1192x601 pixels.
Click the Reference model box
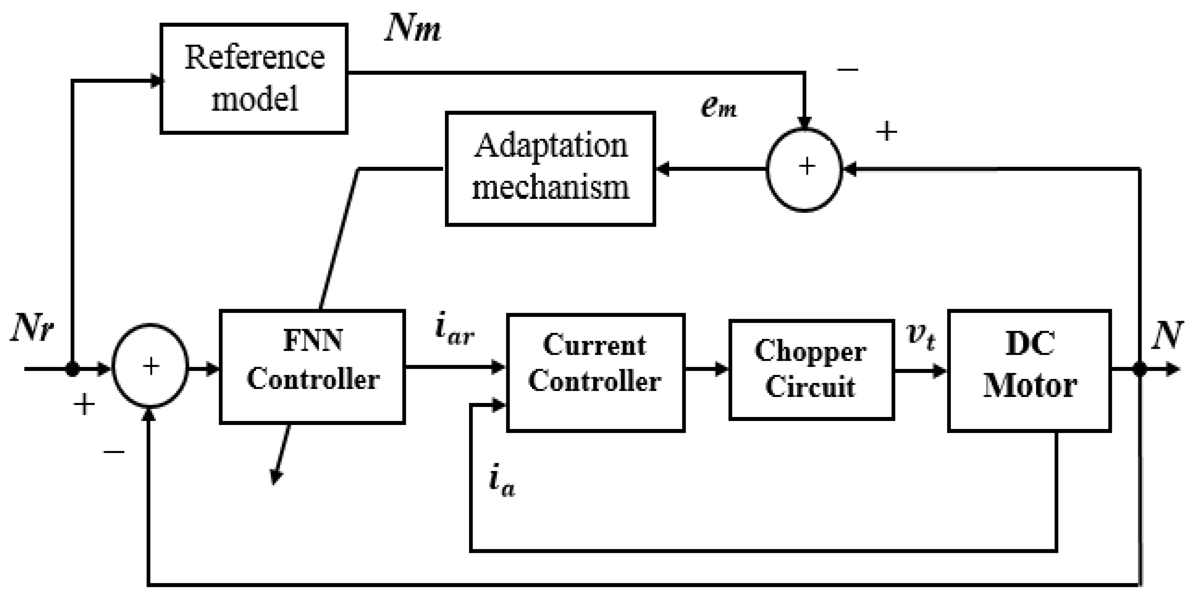254,79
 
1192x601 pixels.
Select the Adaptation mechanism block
550,168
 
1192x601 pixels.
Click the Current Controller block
595,373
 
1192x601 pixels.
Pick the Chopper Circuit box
811,370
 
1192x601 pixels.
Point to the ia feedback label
502,482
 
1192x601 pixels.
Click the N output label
1166,335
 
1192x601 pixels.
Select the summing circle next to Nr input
150,366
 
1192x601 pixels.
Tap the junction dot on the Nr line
72,369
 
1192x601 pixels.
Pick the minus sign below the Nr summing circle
114,451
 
